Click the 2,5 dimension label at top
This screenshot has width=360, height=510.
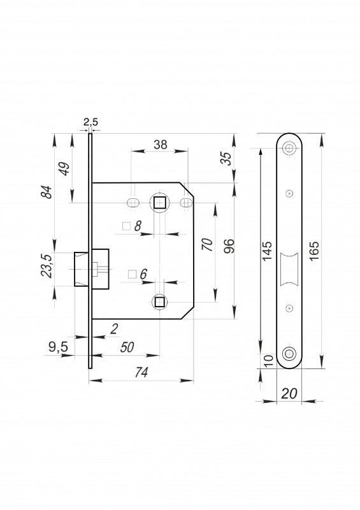pyautogui.click(x=90, y=122)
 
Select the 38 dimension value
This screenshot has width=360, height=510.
pyautogui.click(x=161, y=145)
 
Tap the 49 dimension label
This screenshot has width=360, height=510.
pyautogui.click(x=66, y=168)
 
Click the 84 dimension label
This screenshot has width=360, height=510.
pyautogui.click(x=47, y=193)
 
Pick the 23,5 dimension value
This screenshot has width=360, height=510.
pyautogui.click(x=47, y=266)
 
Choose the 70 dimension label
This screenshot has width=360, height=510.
pyautogui.click(x=208, y=244)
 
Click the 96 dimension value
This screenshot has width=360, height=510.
pyautogui.click(x=229, y=246)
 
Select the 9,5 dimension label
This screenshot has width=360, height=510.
pyautogui.click(x=58, y=347)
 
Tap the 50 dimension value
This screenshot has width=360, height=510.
pyautogui.click(x=127, y=347)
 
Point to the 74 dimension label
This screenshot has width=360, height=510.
pyautogui.click(x=141, y=372)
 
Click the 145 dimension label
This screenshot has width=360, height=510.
pyautogui.click(x=267, y=251)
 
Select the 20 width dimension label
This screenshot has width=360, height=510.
pyautogui.click(x=289, y=393)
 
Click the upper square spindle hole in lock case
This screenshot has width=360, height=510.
pyautogui.click(x=159, y=203)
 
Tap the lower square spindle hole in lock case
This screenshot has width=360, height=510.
pyautogui.click(x=159, y=302)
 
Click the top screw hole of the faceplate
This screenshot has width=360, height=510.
pyautogui.click(x=289, y=148)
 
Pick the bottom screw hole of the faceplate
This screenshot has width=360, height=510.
pyautogui.click(x=289, y=354)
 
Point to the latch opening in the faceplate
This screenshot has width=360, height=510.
pyautogui.click(x=289, y=269)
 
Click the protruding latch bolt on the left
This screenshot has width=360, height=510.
pyautogui.click(x=82, y=269)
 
